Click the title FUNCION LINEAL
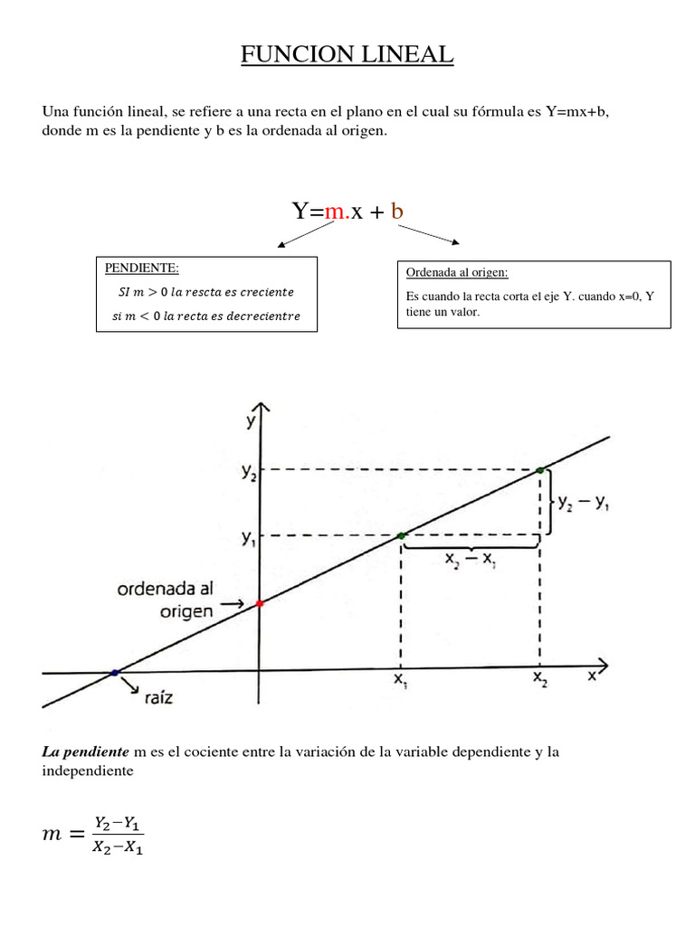[347, 55]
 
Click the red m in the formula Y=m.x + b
[335, 213]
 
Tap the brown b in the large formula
[396, 213]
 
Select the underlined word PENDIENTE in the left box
[142, 269]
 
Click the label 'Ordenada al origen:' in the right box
[457, 272]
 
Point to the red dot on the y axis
[260, 603]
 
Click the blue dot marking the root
[114, 673]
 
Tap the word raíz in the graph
[160, 696]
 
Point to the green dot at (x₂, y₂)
[540, 469]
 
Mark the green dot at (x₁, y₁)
[402, 536]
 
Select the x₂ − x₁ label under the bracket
[471, 560]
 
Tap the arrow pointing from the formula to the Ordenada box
[430, 233]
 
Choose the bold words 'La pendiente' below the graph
[85, 752]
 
